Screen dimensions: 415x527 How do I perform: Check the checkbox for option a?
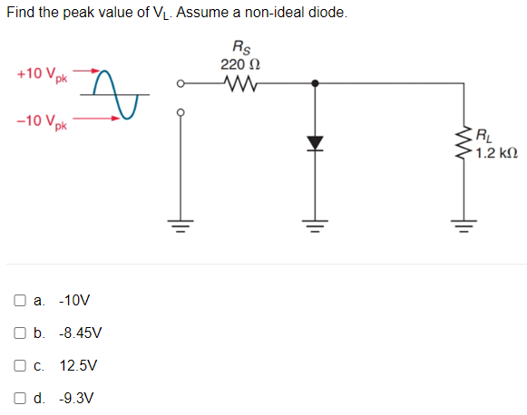click(20, 300)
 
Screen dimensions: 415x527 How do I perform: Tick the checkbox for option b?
click(20, 333)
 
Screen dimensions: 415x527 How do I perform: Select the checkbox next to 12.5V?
click(20, 365)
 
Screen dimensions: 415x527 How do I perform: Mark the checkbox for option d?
click(20, 398)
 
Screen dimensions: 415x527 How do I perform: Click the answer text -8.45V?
click(80, 333)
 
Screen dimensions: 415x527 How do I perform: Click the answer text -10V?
click(73, 300)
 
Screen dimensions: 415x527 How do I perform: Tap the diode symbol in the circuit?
click(315, 142)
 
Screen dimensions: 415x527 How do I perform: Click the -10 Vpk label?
click(39, 121)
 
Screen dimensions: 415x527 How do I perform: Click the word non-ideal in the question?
click(281, 13)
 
